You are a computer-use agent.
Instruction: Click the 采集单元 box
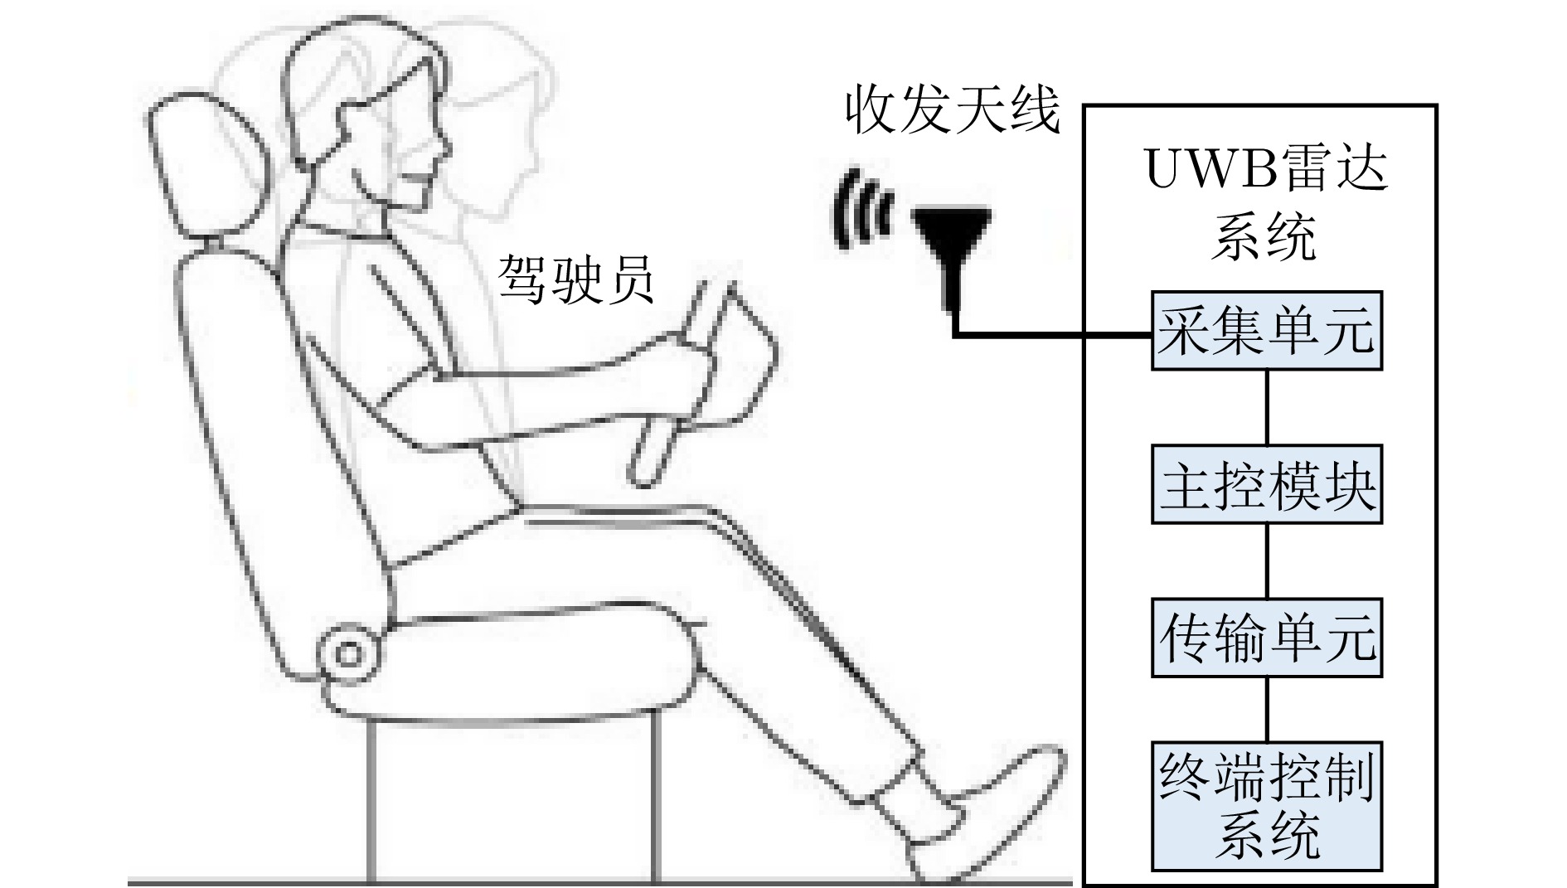pos(1267,330)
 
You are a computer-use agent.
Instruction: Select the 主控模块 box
pos(1267,484)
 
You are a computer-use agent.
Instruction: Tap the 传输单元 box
pos(1267,638)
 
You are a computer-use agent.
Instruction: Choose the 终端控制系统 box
pos(1267,806)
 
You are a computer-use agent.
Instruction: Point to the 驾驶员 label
pos(576,279)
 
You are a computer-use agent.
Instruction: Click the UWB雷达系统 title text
pos(1266,204)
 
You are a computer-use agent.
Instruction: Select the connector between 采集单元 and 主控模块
pos(1267,408)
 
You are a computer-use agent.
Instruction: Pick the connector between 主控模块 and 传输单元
pos(1267,560)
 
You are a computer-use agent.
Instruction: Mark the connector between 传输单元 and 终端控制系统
pos(1267,710)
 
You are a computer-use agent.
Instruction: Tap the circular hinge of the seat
pos(349,653)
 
